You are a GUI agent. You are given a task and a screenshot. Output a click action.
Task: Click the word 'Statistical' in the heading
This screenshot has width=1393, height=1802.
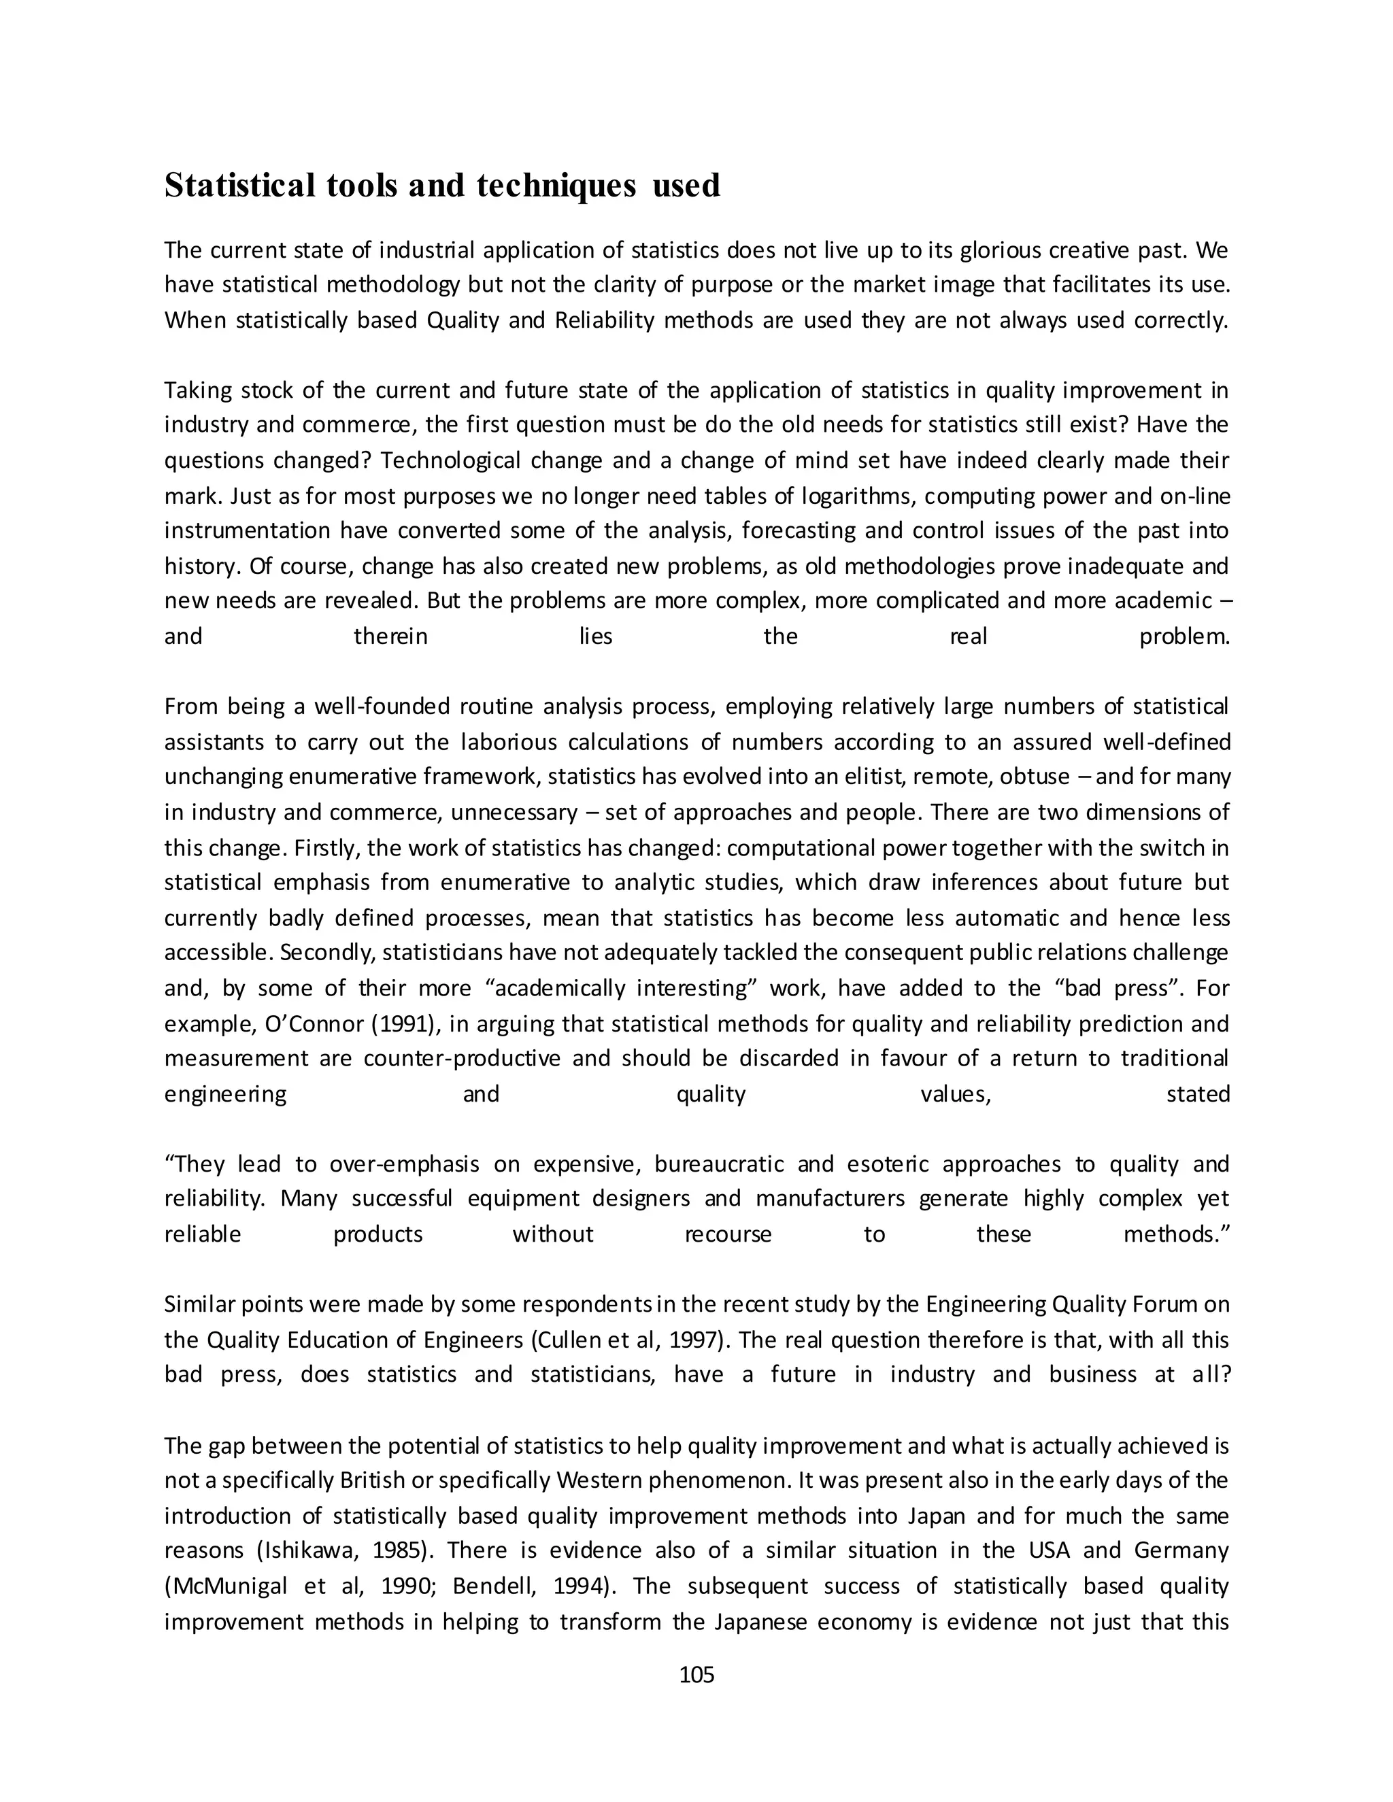(239, 186)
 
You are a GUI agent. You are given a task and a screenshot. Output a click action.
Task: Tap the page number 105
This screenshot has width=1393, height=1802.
(696, 1674)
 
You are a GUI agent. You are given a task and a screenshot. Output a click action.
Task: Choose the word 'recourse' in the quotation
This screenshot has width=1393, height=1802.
(728, 1234)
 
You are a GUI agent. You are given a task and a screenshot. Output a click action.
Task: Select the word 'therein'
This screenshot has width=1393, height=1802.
(390, 637)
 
